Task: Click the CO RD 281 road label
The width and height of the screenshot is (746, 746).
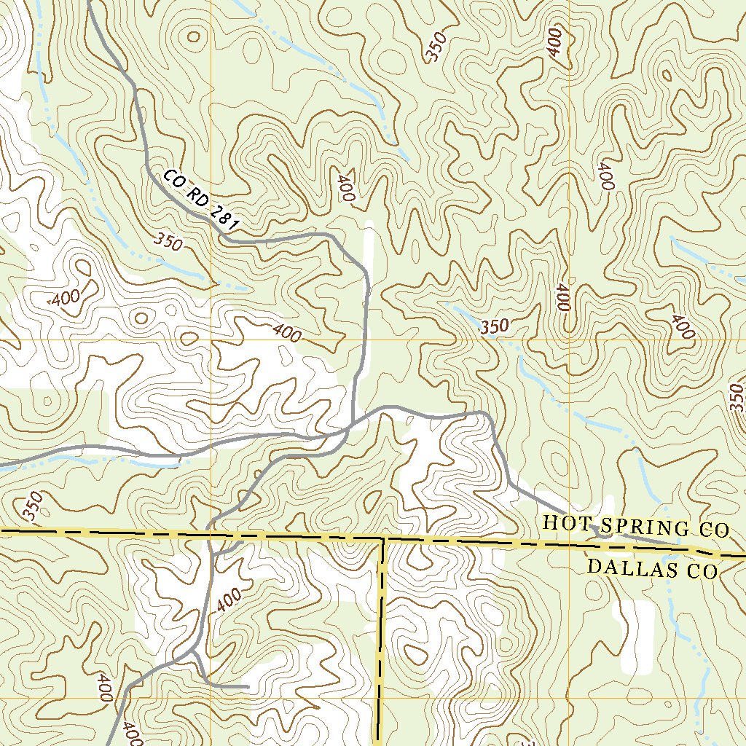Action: click(200, 201)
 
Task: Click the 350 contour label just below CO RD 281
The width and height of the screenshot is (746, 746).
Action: click(168, 241)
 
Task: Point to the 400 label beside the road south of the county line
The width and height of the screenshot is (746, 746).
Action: click(229, 599)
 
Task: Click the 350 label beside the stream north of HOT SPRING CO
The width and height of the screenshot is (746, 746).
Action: click(495, 327)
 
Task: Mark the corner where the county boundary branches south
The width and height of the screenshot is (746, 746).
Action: click(382, 540)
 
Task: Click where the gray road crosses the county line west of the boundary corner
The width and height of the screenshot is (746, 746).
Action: click(210, 535)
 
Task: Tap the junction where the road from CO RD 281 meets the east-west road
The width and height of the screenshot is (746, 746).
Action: click(353, 424)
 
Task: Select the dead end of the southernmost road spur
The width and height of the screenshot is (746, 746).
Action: click(248, 686)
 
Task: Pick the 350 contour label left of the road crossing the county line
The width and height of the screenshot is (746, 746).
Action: click(32, 507)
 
